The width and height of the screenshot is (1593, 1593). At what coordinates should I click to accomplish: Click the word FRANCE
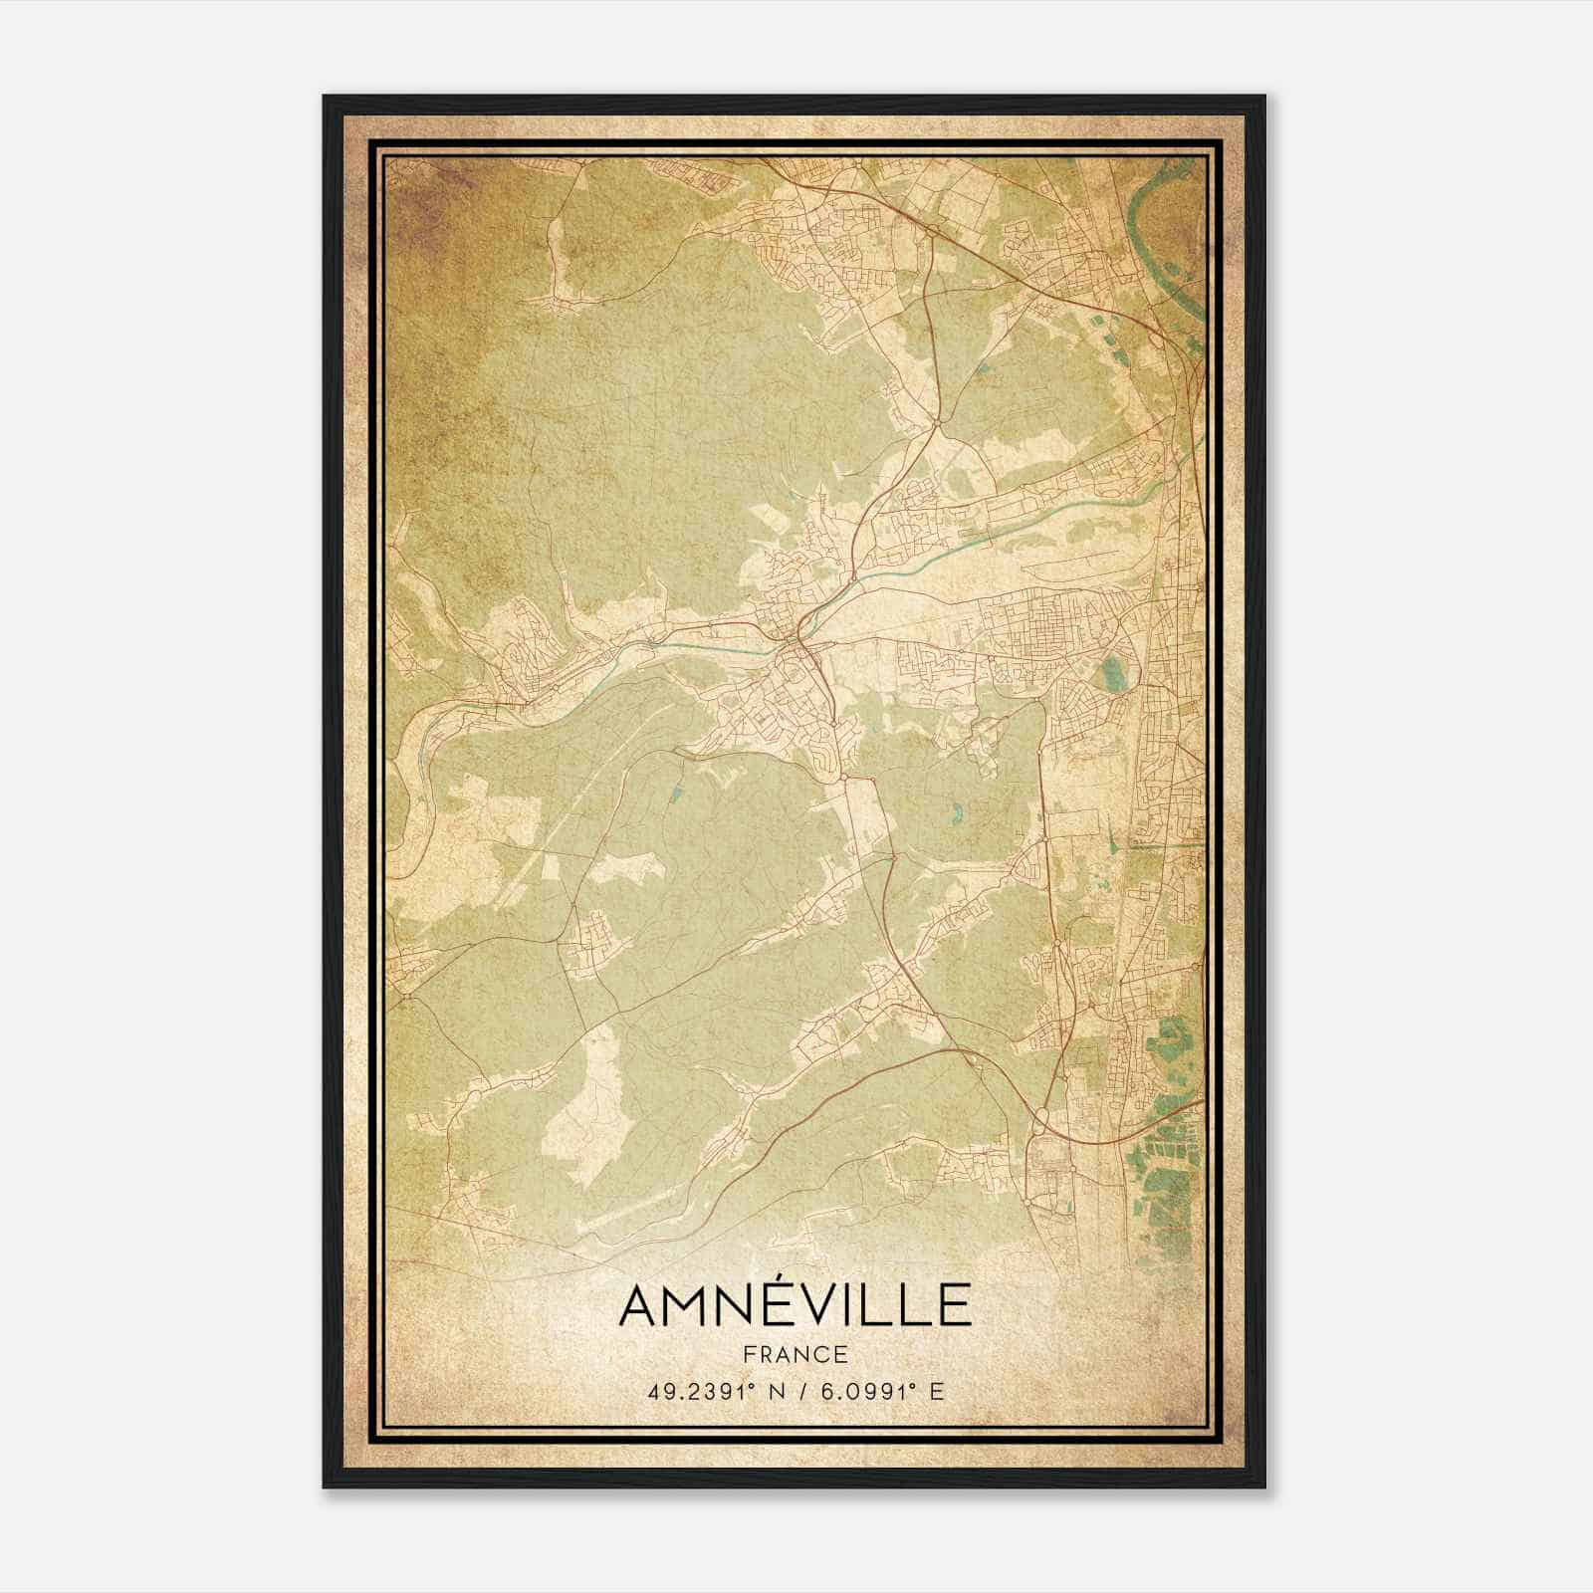point(795,1354)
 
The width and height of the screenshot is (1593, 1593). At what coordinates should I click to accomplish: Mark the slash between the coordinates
point(796,1391)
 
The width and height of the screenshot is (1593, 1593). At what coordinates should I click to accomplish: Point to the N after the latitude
point(772,1391)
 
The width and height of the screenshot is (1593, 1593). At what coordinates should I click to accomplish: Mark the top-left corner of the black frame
point(324,97)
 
